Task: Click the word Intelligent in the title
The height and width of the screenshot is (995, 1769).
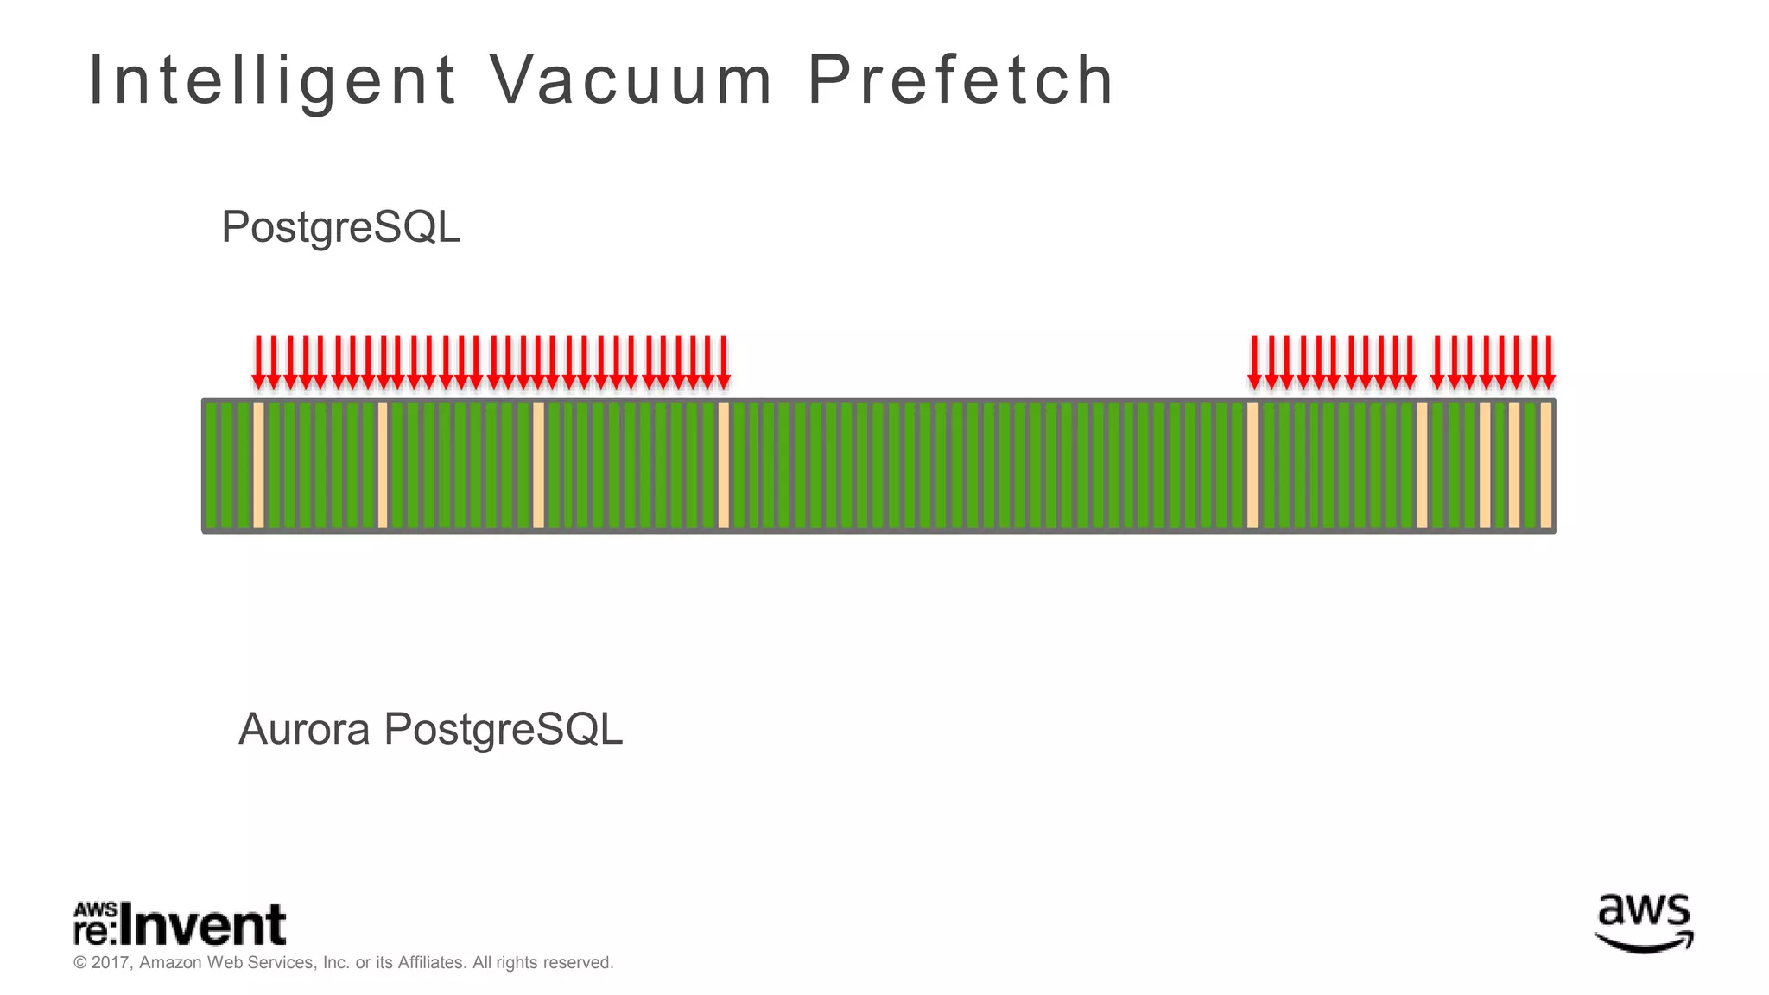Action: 272,80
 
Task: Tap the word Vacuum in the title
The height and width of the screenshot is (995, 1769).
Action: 631,80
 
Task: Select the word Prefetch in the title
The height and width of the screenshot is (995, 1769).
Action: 961,80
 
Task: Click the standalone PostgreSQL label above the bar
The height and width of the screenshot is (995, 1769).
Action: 341,227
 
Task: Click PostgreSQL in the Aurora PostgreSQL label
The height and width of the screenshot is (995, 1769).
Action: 503,731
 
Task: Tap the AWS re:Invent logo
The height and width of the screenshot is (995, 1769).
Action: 180,923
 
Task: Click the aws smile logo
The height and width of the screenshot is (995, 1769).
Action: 1644,923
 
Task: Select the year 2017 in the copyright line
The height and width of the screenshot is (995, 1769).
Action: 110,963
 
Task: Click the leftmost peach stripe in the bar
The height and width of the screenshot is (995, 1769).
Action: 258,466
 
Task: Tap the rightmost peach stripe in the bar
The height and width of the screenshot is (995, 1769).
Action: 1546,466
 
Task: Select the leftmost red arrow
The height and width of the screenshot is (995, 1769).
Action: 258,362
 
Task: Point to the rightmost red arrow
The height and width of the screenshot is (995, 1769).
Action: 1549,362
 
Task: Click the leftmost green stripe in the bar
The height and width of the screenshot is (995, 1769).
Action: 212,466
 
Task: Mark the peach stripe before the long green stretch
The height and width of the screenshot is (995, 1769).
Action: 724,466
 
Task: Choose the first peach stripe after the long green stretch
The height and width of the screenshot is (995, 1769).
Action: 1252,466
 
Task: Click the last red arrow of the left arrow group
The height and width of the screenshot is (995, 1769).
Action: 724,362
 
